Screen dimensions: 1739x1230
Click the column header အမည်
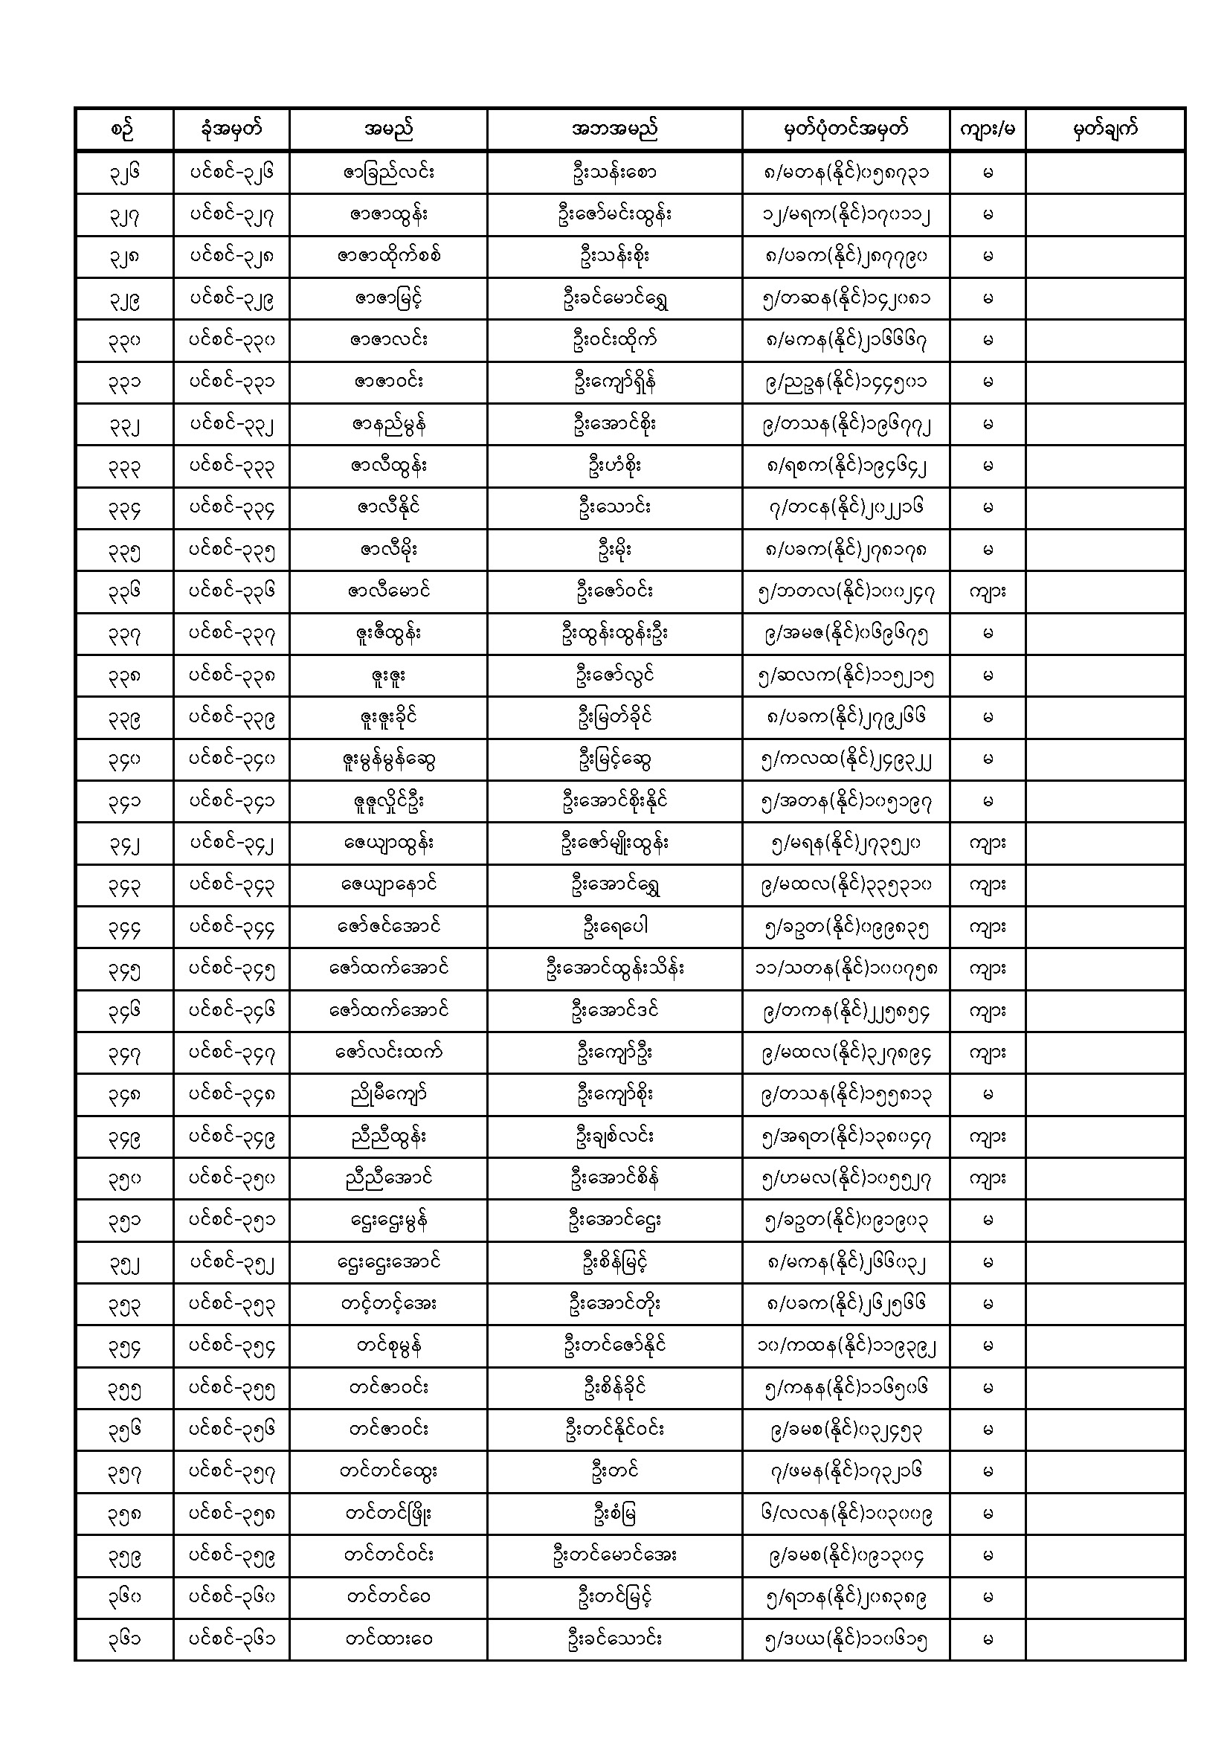[387, 129]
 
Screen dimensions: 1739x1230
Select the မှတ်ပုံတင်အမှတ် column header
[846, 129]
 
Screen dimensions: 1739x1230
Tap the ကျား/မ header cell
[987, 129]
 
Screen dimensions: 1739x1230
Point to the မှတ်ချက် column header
[1104, 129]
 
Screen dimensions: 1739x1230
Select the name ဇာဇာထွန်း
[387, 214]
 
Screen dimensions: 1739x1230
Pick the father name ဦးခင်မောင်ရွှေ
[614, 298]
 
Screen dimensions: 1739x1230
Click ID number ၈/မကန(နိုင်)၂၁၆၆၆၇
[846, 340]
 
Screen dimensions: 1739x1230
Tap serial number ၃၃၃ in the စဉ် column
[124, 466]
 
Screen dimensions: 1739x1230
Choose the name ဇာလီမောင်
[387, 591]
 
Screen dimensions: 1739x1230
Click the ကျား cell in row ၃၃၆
[987, 591]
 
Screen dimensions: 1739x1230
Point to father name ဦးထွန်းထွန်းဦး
[614, 633]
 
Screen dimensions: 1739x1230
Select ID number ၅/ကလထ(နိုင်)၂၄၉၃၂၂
[846, 759]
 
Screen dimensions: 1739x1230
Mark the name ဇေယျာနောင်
[387, 884]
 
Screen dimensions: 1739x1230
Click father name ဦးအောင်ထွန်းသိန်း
[614, 968]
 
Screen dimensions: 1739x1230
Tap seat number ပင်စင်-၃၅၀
[231, 1178]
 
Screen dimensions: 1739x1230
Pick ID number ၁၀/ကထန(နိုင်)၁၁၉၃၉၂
[846, 1346]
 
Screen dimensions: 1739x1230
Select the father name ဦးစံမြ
[614, 1514]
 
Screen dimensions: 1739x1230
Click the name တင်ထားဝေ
[387, 1640]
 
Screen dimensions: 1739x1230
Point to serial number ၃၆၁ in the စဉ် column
[124, 1640]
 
